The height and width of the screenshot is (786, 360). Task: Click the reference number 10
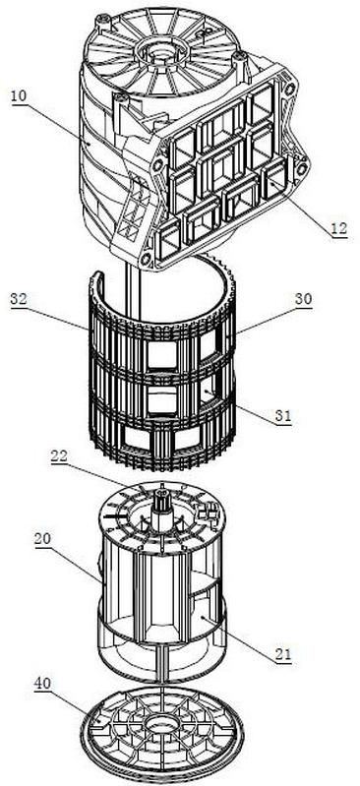[20, 95]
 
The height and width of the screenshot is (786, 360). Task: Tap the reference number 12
[338, 228]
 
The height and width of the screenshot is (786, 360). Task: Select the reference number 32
[19, 299]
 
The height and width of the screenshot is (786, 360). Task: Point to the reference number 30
[303, 299]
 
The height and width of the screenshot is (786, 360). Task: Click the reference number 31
[282, 415]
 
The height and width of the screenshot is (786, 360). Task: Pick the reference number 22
[59, 456]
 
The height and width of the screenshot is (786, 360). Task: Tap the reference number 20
[42, 539]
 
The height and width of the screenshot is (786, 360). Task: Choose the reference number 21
[282, 654]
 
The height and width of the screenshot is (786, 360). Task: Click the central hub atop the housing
[158, 50]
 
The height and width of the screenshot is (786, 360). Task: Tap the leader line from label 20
[76, 563]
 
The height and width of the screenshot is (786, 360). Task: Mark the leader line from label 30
[265, 318]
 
